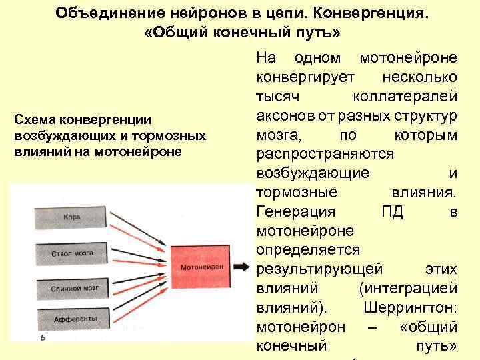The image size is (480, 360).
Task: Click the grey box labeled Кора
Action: coord(71,217)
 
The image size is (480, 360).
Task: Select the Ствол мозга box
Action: coord(71,253)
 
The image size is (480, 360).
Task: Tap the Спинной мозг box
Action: coord(71,289)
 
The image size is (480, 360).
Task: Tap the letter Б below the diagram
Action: coord(43,339)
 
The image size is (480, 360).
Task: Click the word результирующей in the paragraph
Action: coord(319,269)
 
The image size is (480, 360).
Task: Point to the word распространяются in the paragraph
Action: coord(325,154)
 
